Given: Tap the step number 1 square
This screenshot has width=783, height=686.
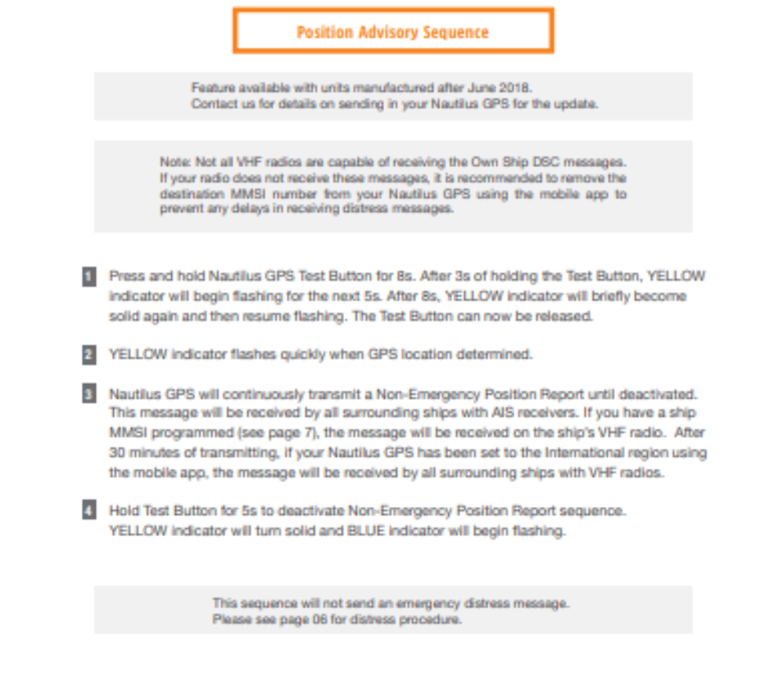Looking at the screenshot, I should click(88, 277).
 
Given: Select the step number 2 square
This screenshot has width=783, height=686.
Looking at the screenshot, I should click(88, 354).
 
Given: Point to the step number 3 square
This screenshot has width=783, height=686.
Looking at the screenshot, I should click(88, 394).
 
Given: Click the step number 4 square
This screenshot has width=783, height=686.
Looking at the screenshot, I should click(88, 511).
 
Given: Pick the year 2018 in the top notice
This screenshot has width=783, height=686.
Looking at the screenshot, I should click(518, 88).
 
